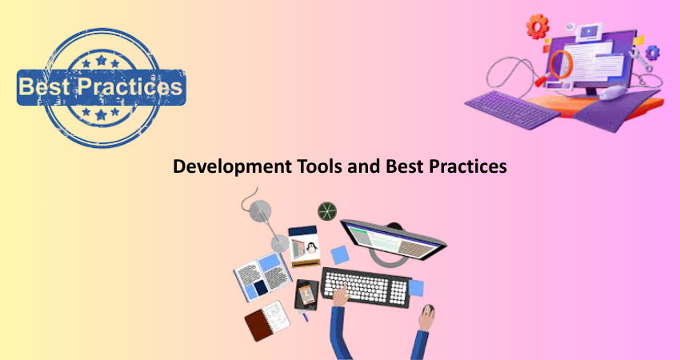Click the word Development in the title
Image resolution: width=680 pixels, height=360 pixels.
pos(232,167)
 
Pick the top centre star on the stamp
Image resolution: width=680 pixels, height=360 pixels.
pos(101,60)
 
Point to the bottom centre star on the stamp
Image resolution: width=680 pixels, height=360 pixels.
pos(101,114)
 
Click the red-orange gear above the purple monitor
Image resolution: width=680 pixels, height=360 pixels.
pos(538,27)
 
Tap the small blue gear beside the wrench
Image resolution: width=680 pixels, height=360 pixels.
pos(652,53)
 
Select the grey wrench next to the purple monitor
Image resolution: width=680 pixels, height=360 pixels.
pos(641,59)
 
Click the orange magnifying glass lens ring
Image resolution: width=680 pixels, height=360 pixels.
pos(562,64)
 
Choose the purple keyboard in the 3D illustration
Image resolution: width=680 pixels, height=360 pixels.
pos(512,110)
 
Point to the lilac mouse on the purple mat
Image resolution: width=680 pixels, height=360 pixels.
pos(613,92)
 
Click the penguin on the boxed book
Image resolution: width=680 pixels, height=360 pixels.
pos(310,248)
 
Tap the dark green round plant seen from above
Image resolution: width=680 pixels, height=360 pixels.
pos(327,211)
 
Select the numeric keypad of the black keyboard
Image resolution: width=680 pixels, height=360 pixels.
pos(398,292)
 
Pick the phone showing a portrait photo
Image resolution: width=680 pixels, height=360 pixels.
pos(306,295)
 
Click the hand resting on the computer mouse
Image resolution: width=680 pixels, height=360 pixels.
pos(426,317)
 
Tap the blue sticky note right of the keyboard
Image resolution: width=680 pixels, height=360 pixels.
pos(416,289)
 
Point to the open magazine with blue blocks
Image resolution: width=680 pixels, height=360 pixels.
pos(262,277)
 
